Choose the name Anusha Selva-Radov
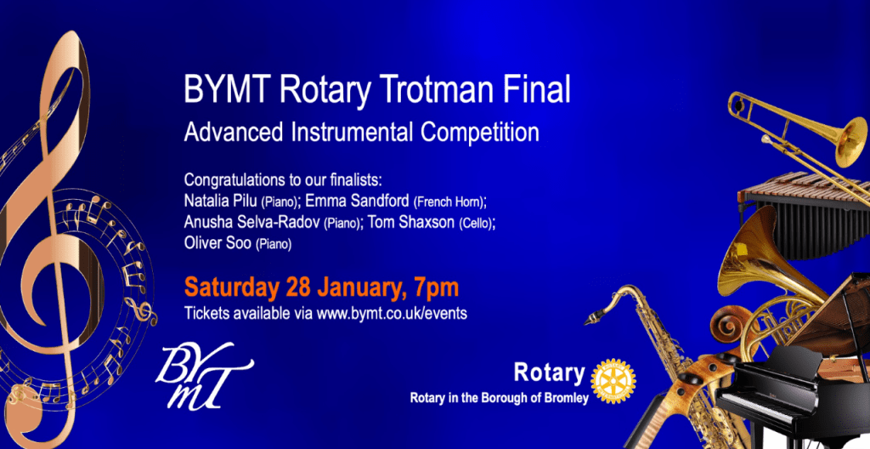252,222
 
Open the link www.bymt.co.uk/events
392,314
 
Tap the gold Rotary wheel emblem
613,381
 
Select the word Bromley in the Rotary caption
568,398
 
